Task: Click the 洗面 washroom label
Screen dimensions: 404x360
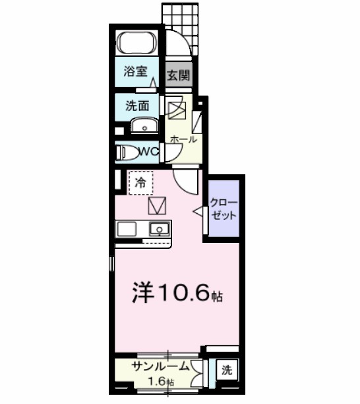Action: point(137,104)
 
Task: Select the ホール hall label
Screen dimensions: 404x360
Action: point(183,139)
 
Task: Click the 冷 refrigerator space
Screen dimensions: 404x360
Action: point(140,182)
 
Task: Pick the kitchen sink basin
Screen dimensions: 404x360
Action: point(159,230)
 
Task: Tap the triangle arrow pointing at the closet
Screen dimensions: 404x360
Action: point(197,211)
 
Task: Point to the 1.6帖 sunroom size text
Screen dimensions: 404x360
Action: point(161,382)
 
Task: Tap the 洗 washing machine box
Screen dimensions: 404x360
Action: point(227,371)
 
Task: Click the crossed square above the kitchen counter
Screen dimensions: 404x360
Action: point(158,206)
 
